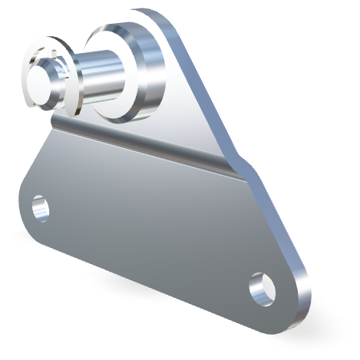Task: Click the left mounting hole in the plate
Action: (x=40, y=207)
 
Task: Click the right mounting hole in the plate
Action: (x=263, y=287)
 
